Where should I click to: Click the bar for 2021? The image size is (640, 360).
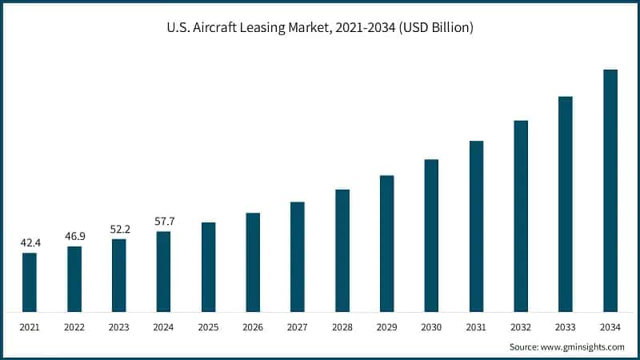click(30, 282)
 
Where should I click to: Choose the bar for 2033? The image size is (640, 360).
click(565, 204)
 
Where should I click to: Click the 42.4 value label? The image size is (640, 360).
click(30, 242)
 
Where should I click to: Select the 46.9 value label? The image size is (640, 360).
click(74, 236)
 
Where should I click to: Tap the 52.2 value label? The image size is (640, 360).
click(119, 229)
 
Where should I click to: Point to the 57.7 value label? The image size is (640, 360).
click(164, 221)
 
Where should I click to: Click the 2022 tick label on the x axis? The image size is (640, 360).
click(74, 327)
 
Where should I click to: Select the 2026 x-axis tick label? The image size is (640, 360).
click(253, 327)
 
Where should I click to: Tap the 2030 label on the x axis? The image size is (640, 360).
click(431, 327)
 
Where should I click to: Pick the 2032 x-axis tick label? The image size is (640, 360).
click(521, 327)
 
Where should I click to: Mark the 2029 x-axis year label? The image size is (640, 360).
click(386, 327)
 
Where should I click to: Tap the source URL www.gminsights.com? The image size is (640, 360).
click(585, 347)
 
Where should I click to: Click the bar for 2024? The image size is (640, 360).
click(163, 271)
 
